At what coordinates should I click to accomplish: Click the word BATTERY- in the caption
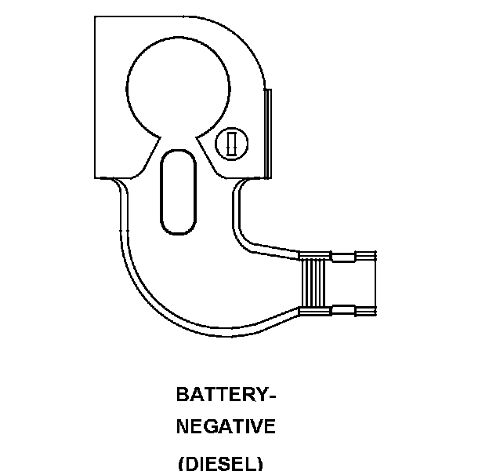226,394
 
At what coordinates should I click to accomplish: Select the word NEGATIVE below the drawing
226,427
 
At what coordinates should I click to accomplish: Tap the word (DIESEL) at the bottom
220,463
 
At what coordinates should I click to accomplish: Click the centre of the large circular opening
179,85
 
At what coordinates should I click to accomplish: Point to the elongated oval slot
178,192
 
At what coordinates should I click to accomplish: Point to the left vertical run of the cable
122,228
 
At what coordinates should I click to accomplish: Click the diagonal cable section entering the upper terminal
270,249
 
